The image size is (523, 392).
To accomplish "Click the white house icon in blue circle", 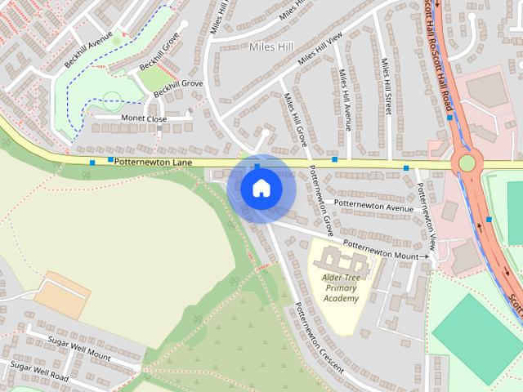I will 261,188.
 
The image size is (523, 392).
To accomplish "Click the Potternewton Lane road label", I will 153,163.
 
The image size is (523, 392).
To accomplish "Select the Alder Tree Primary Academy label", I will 341,287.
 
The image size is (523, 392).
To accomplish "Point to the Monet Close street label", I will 144,119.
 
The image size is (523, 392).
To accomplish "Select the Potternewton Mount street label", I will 379,248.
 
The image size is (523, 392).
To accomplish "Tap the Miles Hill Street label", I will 385,86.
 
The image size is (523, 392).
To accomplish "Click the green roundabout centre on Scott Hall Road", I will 467,163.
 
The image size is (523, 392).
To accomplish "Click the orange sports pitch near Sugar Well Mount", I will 62,295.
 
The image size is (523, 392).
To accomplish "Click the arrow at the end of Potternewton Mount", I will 426,256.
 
